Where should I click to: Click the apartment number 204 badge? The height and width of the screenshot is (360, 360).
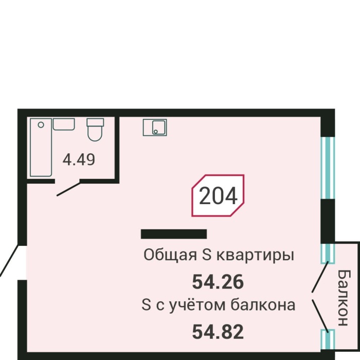218,195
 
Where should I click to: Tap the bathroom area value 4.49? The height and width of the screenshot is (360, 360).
79,160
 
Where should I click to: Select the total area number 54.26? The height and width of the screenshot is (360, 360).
217,282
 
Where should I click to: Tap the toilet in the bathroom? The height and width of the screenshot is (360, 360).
95,130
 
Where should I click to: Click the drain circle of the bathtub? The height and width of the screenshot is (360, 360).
41,125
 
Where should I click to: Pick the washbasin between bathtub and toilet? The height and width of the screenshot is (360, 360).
64,124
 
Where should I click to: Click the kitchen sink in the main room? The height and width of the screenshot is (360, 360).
155,128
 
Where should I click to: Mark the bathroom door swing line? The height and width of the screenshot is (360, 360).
68,188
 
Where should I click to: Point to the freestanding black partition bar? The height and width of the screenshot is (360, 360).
174,234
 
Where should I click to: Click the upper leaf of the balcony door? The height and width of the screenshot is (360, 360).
320,277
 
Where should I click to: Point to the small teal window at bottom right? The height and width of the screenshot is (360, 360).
328,339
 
